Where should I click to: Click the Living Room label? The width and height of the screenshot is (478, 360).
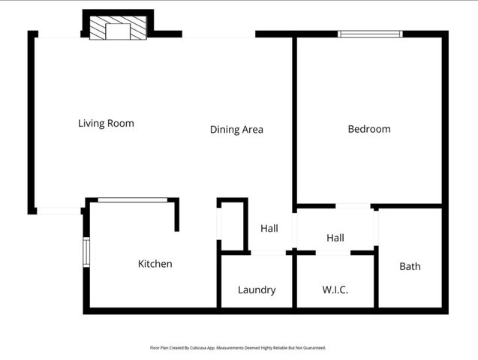tap(106, 123)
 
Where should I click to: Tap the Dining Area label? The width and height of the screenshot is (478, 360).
tap(236, 129)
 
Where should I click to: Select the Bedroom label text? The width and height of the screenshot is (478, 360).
tap(369, 129)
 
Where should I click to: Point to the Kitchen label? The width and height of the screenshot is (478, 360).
tap(155, 264)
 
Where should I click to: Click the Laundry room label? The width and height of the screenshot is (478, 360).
tap(257, 290)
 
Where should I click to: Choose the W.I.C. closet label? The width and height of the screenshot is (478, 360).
tap(335, 290)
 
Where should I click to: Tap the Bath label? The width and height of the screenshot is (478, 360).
tap(410, 266)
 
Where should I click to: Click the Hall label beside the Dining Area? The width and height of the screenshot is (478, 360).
tap(269, 228)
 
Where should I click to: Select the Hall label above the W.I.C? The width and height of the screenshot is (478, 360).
tap(335, 238)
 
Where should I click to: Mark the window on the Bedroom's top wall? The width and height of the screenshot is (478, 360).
tap(369, 34)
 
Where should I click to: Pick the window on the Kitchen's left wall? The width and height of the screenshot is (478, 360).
tap(86, 252)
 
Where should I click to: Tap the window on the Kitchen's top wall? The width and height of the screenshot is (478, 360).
tap(133, 199)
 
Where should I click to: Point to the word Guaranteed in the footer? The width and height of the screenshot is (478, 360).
tap(316, 348)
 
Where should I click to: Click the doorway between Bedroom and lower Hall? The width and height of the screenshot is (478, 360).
tap(353, 205)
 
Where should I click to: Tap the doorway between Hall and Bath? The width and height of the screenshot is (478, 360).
tap(376, 228)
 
